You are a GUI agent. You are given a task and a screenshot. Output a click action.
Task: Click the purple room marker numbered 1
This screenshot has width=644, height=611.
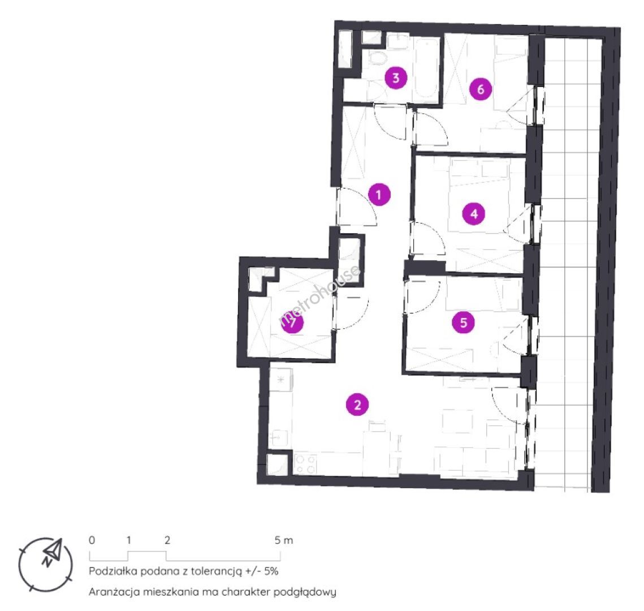pyautogui.click(x=379, y=195)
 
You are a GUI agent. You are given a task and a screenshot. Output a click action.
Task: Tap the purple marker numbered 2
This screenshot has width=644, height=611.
pyautogui.click(x=357, y=405)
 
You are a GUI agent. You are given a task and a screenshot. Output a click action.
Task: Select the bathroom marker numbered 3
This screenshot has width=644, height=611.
pyautogui.click(x=396, y=78)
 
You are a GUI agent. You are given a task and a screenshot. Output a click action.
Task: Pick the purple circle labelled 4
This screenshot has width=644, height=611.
pyautogui.click(x=474, y=214)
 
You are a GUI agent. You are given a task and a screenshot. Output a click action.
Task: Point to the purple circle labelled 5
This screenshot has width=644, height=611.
pyautogui.click(x=463, y=322)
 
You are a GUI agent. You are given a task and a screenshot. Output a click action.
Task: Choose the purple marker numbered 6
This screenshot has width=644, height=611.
pyautogui.click(x=481, y=89)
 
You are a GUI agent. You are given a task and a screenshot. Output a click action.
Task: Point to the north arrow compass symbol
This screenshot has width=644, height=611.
pyautogui.click(x=46, y=563)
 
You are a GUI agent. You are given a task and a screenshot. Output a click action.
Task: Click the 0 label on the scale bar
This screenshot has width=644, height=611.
pyautogui.click(x=92, y=540)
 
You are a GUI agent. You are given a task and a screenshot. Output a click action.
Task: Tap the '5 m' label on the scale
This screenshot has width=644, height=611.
pyautogui.click(x=284, y=540)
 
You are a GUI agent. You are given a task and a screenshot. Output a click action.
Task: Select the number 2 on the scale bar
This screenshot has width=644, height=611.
pyautogui.click(x=167, y=540)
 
